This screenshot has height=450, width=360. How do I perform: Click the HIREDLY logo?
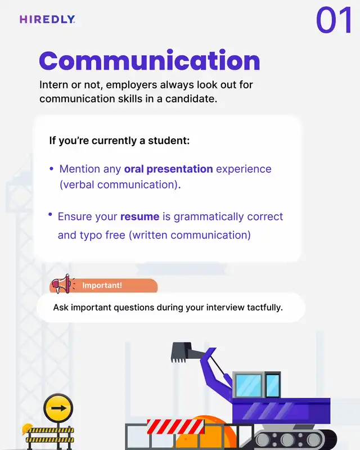(x=47, y=19)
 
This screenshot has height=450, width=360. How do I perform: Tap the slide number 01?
(x=334, y=20)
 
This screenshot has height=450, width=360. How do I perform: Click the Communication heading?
(x=150, y=60)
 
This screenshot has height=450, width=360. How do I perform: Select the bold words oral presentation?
(x=169, y=169)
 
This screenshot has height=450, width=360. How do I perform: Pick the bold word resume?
(x=140, y=217)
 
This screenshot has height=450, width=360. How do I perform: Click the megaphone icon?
(x=62, y=283)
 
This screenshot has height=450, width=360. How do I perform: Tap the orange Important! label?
(x=103, y=285)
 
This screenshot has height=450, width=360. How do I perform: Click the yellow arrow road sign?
(x=58, y=408)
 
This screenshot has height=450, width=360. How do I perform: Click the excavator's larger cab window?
(x=249, y=385)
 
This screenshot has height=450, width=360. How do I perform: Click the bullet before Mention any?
(x=51, y=169)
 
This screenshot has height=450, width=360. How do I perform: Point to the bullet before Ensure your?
(x=50, y=214)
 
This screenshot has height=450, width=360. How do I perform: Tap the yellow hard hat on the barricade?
(x=27, y=429)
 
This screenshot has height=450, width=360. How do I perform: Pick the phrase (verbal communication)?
(x=120, y=185)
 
